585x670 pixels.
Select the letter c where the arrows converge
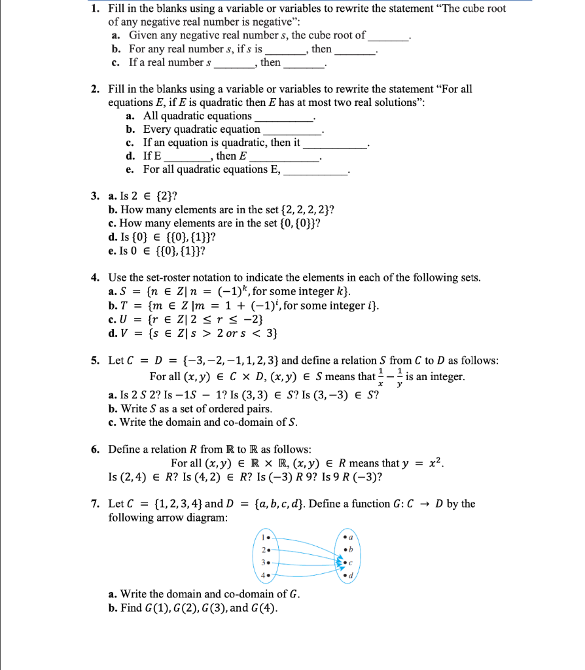pos(352,562)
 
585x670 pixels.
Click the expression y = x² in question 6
pos(424,463)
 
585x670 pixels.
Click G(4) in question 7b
pos(263,608)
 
